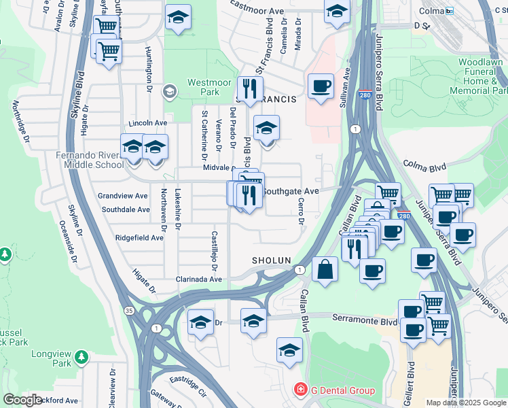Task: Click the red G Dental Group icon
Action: click(x=300, y=390)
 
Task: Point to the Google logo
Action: click(x=22, y=399)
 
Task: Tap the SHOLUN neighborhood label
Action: click(x=271, y=260)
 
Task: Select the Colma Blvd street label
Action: click(x=424, y=165)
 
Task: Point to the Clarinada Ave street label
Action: click(x=199, y=279)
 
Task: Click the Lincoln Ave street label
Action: click(x=148, y=123)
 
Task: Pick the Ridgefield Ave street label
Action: click(x=139, y=238)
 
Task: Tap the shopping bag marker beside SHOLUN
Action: click(x=325, y=269)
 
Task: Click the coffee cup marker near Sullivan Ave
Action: click(x=321, y=87)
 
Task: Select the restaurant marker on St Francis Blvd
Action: click(x=250, y=88)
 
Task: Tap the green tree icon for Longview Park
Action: click(x=81, y=356)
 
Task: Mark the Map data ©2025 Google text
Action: click(x=466, y=403)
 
